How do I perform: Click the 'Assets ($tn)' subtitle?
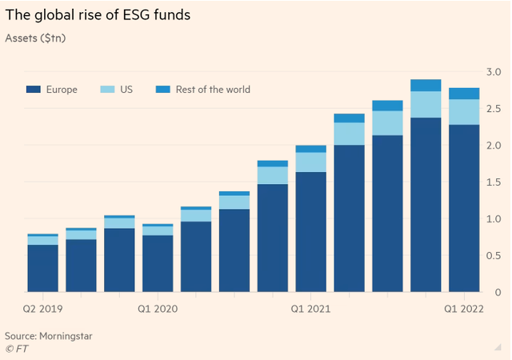(x=37, y=38)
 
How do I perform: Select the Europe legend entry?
(x=52, y=90)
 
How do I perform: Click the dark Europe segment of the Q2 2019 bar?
(x=43, y=268)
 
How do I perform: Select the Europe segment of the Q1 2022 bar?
(x=465, y=208)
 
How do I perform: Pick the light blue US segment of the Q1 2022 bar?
(x=465, y=112)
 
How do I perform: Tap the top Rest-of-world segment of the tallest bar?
(x=426, y=86)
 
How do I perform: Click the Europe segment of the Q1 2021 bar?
(x=311, y=232)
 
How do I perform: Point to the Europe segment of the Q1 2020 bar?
(x=158, y=263)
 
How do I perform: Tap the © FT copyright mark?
(x=15, y=349)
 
